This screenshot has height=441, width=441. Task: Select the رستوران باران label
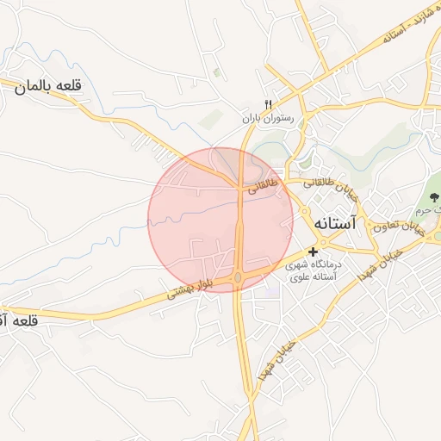[268, 116]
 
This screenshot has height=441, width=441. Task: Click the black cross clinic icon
[313, 251]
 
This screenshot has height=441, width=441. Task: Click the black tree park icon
[433, 200]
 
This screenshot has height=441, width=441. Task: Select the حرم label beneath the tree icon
[424, 210]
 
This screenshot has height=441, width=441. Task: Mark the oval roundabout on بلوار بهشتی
[238, 277]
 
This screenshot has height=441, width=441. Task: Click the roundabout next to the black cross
[305, 212]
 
